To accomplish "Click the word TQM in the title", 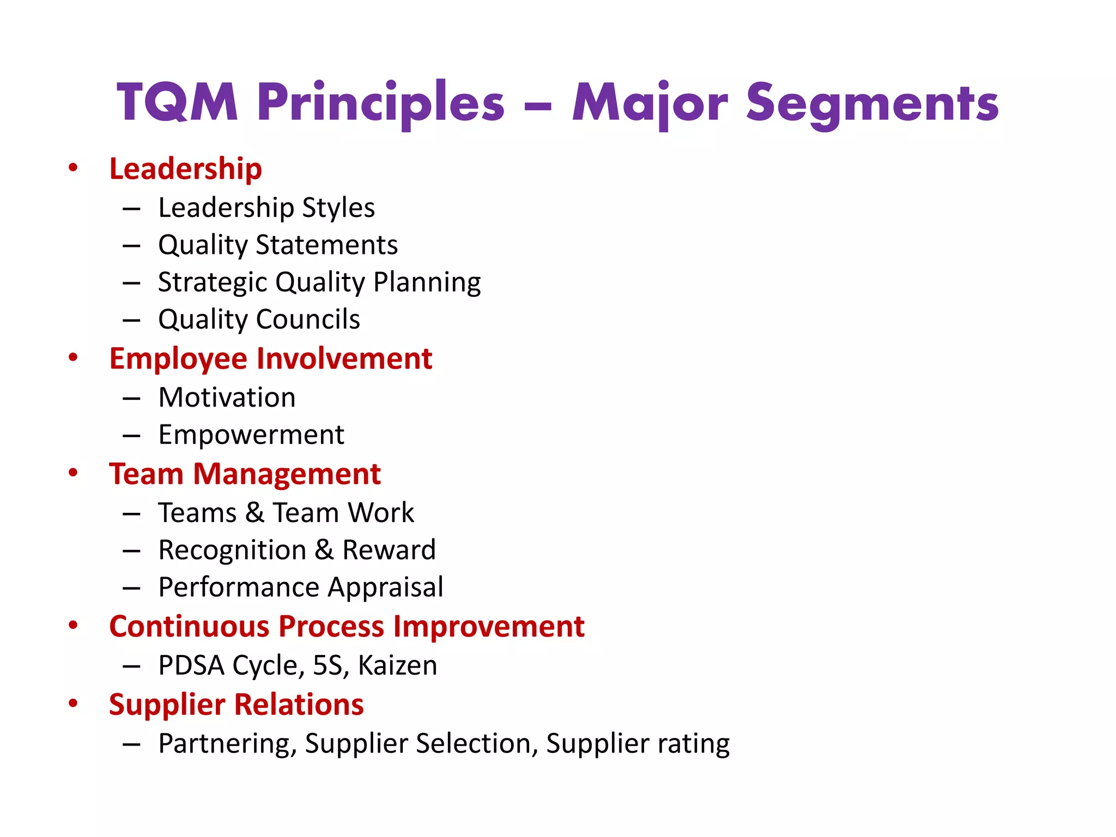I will click(x=177, y=102).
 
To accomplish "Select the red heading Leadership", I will click(x=185, y=169).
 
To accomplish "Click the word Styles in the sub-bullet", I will click(x=338, y=208).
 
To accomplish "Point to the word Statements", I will click(x=327, y=245).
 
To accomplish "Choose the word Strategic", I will click(x=212, y=283).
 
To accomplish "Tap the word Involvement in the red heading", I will click(x=344, y=359).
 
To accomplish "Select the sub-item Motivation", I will click(x=227, y=397).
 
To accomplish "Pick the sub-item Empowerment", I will click(x=251, y=435).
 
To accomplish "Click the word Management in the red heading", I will click(x=287, y=474).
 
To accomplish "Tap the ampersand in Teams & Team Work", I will click(x=254, y=513).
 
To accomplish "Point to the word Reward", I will click(x=389, y=550).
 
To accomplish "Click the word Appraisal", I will click(x=386, y=587).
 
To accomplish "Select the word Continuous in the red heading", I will click(x=189, y=627).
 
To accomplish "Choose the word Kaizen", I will click(x=397, y=666).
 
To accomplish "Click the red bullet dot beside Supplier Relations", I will click(x=73, y=703).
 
